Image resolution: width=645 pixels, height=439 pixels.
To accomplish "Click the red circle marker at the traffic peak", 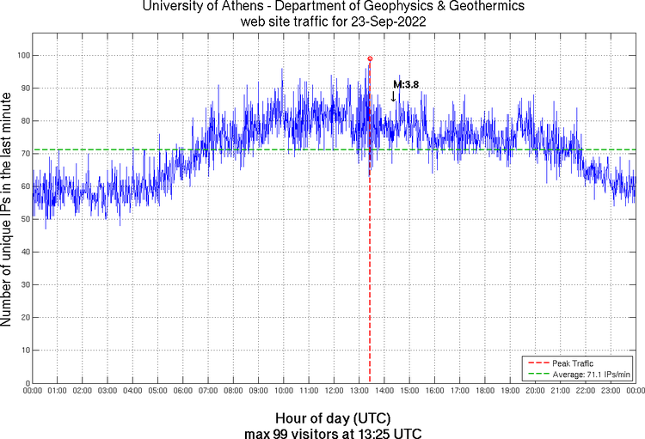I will click(370, 58).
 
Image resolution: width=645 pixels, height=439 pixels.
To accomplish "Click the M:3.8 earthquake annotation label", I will click(406, 84).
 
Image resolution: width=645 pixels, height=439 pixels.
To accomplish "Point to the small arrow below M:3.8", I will click(394, 96).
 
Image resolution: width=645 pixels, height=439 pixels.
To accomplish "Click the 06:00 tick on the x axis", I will click(183, 391).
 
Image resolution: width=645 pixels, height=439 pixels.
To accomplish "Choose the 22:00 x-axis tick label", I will click(585, 391).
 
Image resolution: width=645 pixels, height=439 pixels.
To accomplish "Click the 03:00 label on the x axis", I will click(107, 391).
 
